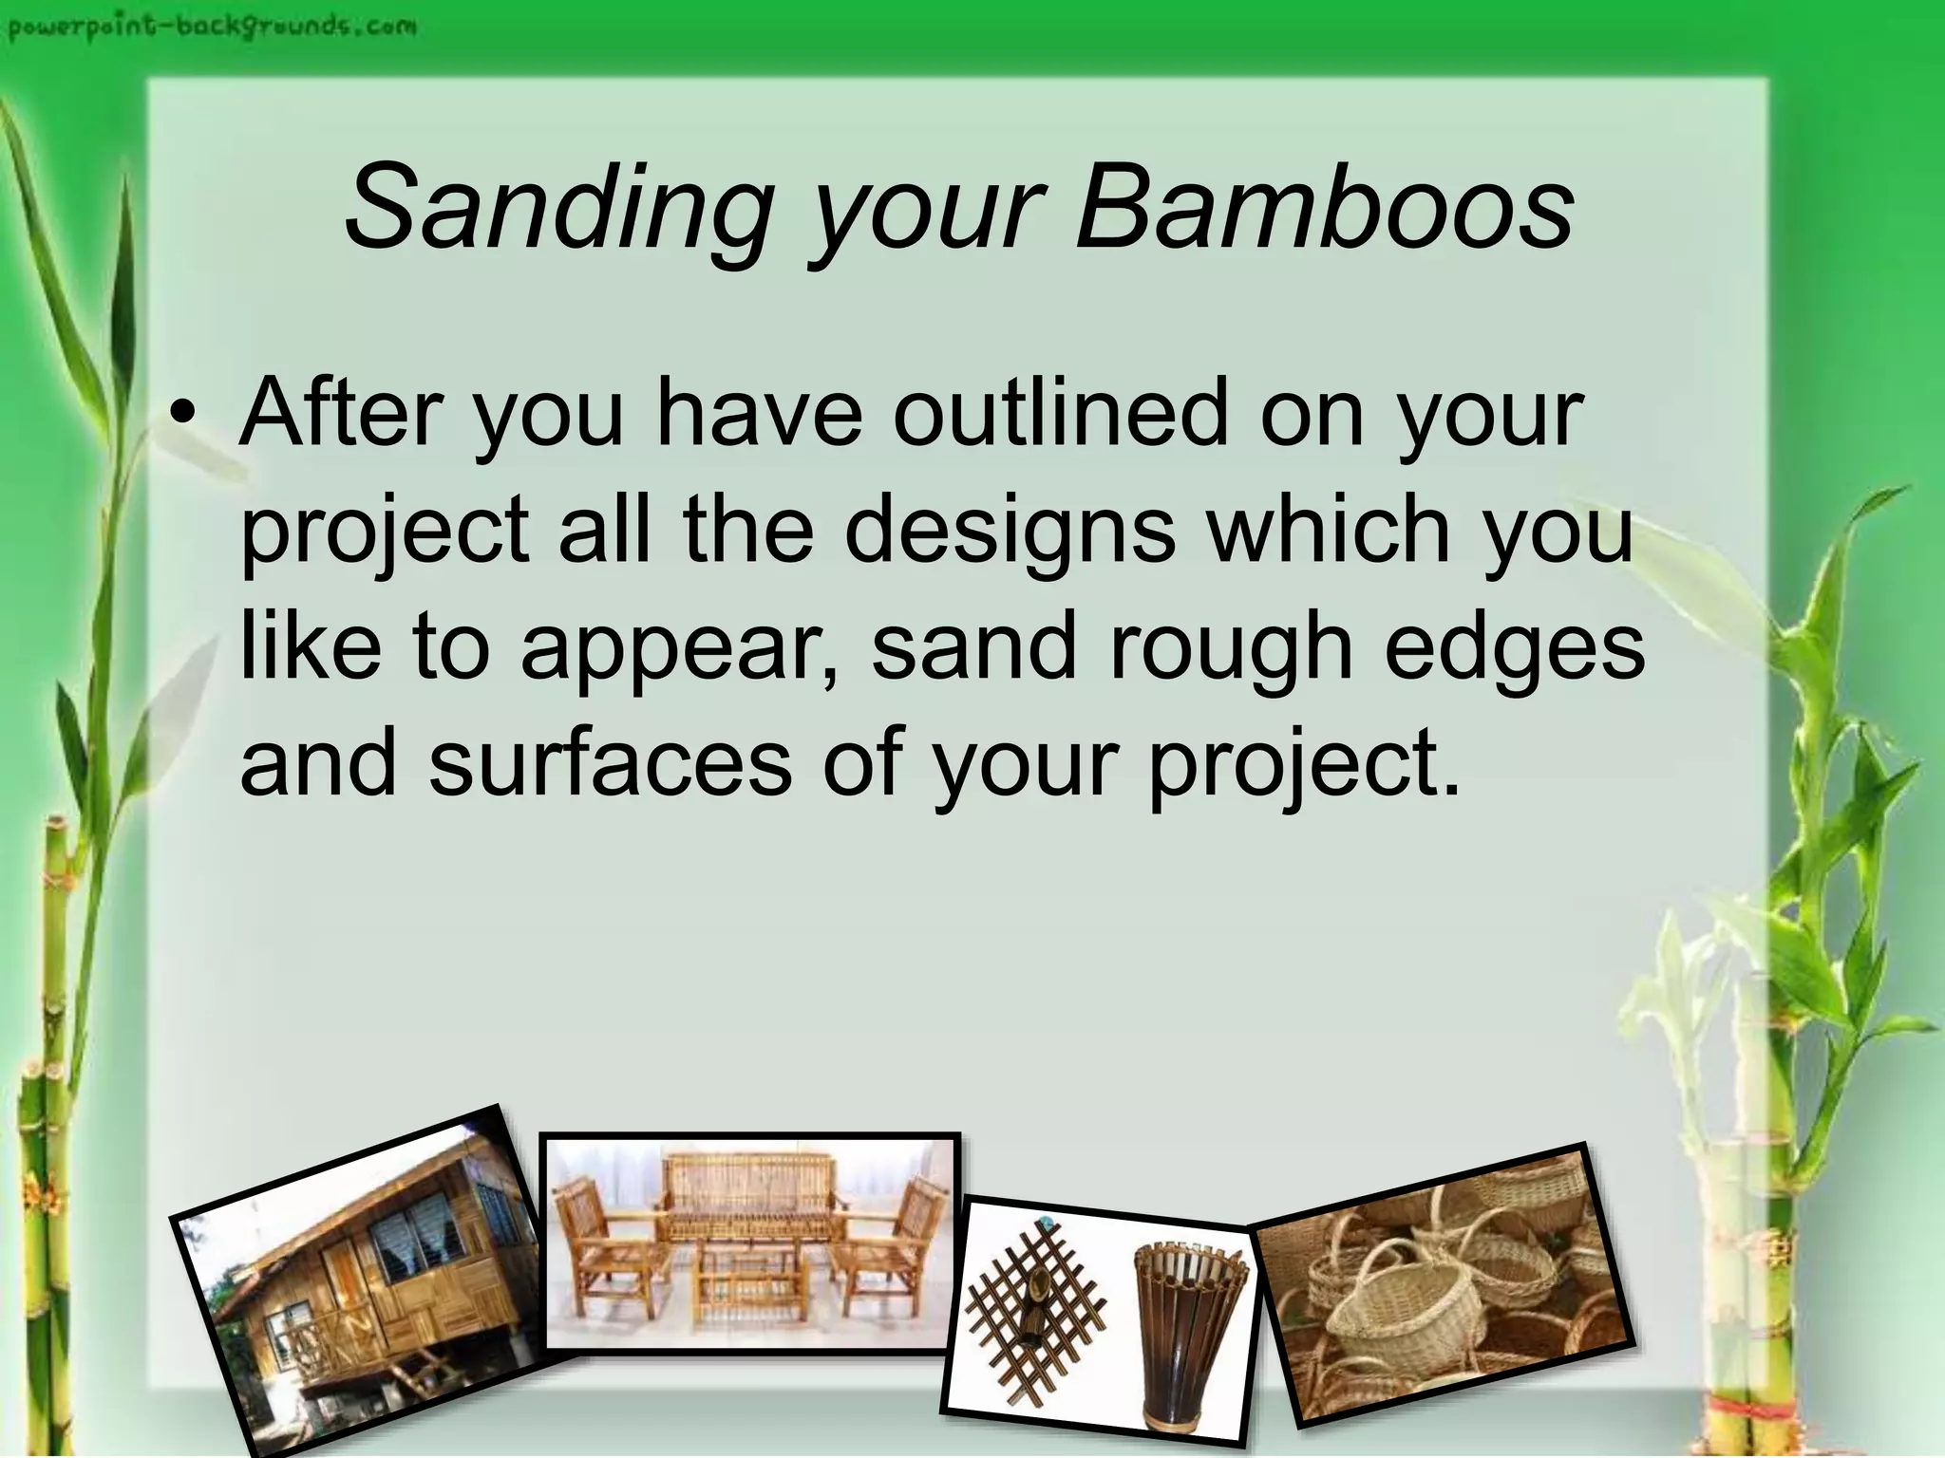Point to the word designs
(1010, 531)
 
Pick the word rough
(1230, 649)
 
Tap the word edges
(1514, 649)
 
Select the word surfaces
(610, 764)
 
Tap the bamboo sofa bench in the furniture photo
(750, 1201)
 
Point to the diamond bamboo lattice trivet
(1035, 1310)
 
